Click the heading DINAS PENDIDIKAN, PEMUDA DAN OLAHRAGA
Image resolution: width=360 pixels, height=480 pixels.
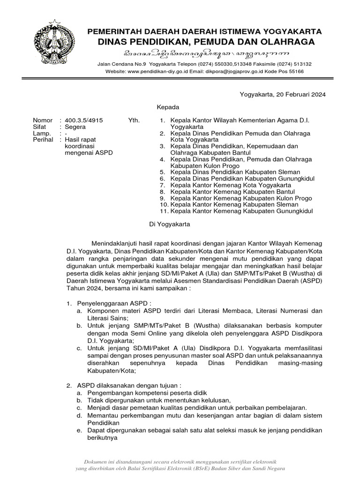206,42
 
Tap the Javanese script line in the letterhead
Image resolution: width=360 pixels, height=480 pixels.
205,53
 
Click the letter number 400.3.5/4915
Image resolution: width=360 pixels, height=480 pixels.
83,120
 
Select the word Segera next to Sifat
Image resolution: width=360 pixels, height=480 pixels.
75,127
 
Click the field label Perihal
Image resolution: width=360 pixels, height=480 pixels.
42,140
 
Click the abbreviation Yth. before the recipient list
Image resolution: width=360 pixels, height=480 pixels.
134,120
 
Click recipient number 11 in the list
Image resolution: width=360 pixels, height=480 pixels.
234,211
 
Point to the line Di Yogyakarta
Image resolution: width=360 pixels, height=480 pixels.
169,224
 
